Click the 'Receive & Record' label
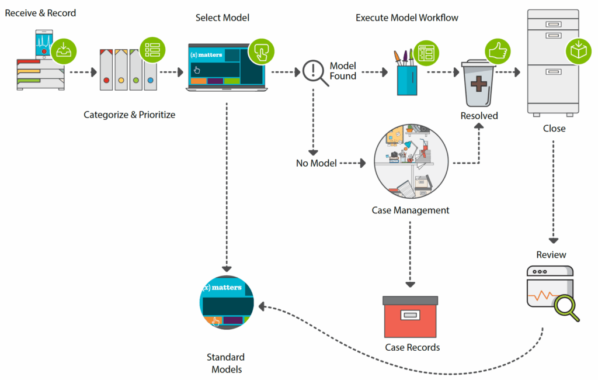40,12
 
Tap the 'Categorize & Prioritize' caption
129,115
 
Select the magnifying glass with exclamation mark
314,73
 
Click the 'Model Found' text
343,71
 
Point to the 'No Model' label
316,163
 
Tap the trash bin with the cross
479,84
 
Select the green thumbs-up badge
496,52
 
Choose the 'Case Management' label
411,210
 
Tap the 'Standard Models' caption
225,363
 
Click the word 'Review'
551,254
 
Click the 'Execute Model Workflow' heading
406,18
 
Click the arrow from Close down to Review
553,193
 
